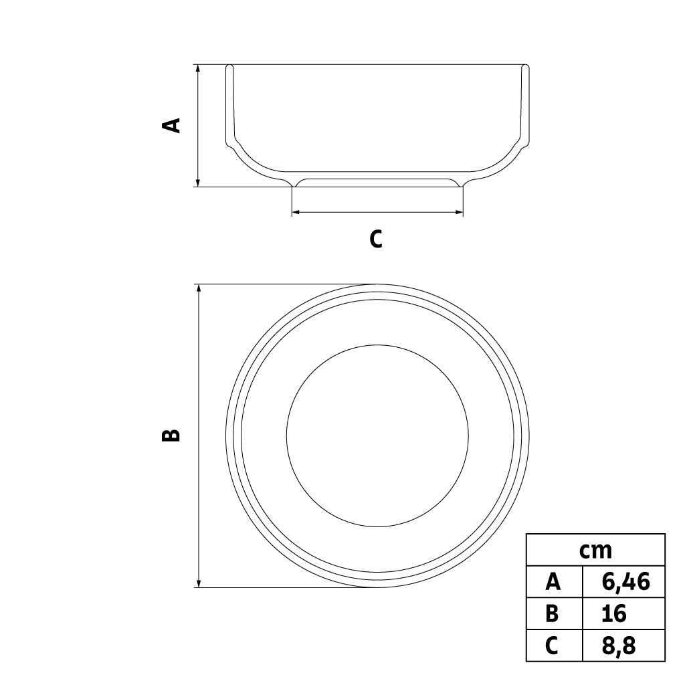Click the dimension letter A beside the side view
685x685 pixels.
[171, 124]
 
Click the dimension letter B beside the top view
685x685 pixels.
[171, 435]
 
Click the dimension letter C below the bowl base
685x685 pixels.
[376, 239]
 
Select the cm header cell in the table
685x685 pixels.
[595, 550]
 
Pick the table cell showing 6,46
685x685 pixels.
[624, 581]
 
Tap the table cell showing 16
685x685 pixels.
[624, 613]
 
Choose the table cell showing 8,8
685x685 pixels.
[624, 646]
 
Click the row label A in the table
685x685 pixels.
[553, 581]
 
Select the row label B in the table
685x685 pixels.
[553, 613]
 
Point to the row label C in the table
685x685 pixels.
[553, 646]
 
